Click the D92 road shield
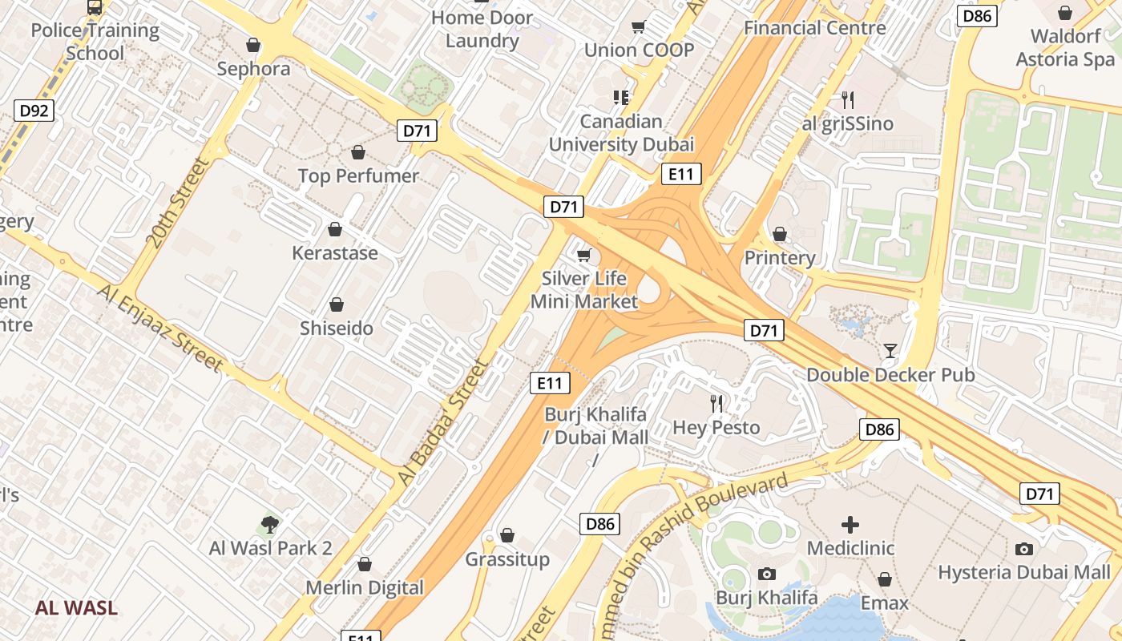coord(34,110)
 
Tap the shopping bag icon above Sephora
coord(253,45)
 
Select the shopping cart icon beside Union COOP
coord(639,27)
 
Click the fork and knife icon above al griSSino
coord(847,100)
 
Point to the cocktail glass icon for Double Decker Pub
coord(890,351)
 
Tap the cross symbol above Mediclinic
coord(850,525)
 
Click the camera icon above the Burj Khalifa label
coord(767,574)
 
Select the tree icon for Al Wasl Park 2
coord(270,525)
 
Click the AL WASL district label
coord(76,607)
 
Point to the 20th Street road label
coord(176,202)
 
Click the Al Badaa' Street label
coord(443,421)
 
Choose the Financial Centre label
coord(814,27)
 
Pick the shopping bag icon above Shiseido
coord(337,304)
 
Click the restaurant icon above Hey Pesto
coord(716,403)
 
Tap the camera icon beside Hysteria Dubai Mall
coord(1023,549)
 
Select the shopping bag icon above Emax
coord(885,579)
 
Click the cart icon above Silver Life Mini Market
coord(584,256)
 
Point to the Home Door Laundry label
coord(482,29)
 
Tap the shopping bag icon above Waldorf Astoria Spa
coord(1065,13)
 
